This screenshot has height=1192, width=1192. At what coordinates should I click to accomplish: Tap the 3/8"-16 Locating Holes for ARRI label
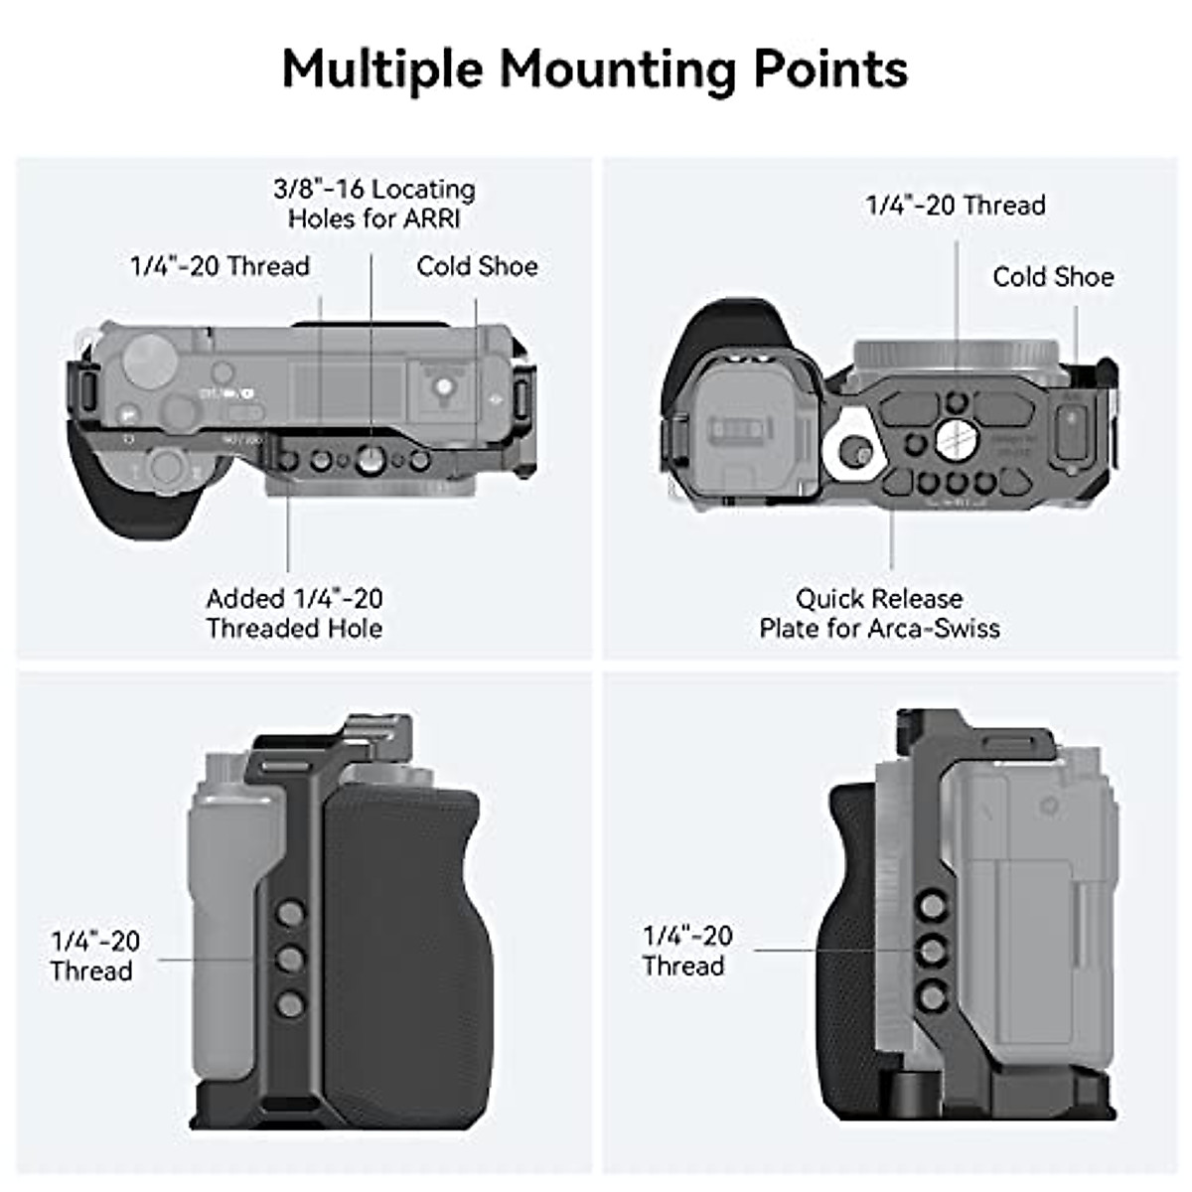point(374,204)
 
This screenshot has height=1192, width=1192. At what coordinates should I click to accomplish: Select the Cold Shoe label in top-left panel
point(477,266)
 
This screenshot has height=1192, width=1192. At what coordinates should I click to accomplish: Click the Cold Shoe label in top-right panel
point(1053,277)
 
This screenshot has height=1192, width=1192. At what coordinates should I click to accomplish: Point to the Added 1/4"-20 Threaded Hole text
point(294,613)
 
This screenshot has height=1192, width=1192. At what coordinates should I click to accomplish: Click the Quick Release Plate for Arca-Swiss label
point(879,613)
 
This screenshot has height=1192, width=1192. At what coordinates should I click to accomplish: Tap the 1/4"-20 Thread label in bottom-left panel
point(94,956)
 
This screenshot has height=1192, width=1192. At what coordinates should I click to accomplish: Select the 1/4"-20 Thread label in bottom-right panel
point(687,951)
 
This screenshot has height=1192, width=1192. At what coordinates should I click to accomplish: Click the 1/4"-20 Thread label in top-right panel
point(956,206)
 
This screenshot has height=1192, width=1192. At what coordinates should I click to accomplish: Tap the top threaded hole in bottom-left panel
point(290,913)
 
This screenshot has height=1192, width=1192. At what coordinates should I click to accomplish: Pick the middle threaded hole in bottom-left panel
point(290,959)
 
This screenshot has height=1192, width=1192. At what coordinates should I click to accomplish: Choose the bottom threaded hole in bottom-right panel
point(932,996)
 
